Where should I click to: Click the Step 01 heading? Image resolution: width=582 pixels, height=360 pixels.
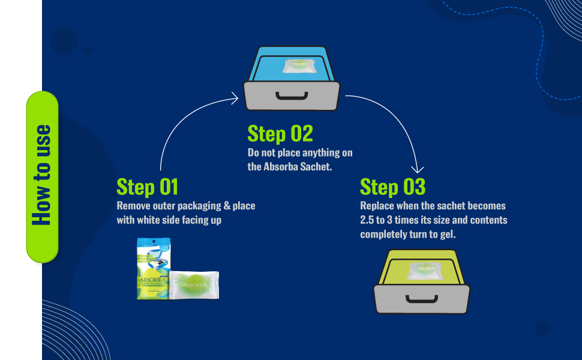147,187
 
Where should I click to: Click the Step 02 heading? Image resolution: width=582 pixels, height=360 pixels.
280,133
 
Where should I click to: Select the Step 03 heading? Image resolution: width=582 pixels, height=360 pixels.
392,187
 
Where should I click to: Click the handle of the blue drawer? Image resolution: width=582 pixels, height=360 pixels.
292,97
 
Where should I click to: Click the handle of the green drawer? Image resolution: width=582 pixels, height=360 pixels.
421,299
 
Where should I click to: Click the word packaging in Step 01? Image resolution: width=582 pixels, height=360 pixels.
196,206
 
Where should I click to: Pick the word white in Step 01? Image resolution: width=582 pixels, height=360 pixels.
150,220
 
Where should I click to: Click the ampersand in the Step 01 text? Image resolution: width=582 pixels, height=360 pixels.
227,206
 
